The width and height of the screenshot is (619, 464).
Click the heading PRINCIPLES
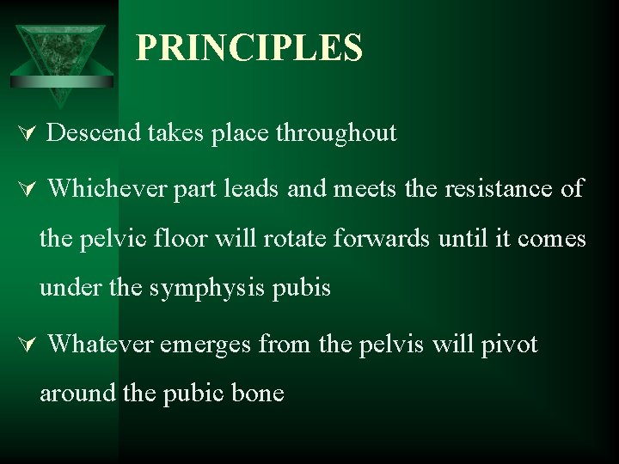coord(249,48)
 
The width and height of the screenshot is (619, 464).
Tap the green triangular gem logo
coord(62,58)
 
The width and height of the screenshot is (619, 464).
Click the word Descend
coord(95,133)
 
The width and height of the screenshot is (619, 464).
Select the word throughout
coord(336,133)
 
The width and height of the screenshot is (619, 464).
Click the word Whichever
coord(107,188)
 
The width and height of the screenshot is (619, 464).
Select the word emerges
coord(205,345)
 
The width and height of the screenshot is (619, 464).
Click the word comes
coord(552,238)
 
